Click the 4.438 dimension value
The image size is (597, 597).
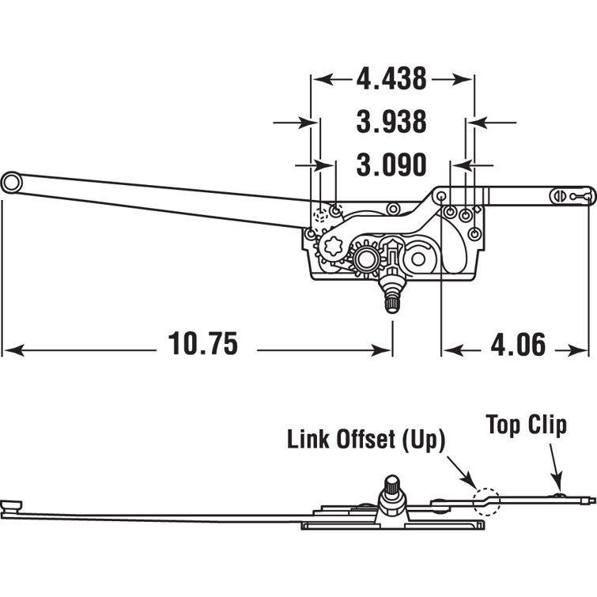click(391, 79)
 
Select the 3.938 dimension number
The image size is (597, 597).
click(391, 123)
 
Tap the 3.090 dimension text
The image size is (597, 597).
click(391, 165)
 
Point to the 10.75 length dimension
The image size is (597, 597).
click(202, 345)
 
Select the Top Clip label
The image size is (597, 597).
click(526, 425)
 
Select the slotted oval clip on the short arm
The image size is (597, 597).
click(562, 194)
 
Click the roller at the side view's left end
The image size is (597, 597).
click(11, 505)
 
